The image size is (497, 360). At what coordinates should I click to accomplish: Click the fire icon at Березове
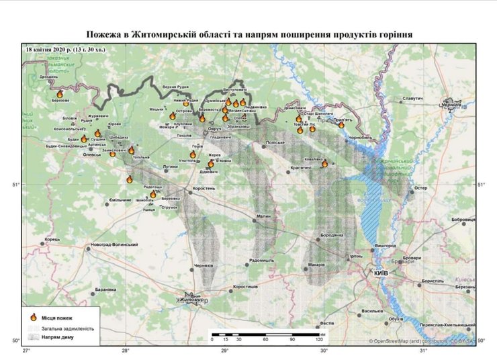pos(60,95)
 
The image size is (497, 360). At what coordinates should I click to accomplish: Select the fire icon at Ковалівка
pos(324,163)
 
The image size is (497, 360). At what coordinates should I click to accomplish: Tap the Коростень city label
pos(204,189)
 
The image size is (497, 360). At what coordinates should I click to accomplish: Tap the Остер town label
pos(421,189)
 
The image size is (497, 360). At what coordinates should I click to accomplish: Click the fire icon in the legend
pos(33,317)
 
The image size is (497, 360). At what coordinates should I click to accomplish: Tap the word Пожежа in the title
pos(105,34)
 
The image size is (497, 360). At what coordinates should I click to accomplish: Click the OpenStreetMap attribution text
pos(422,342)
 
